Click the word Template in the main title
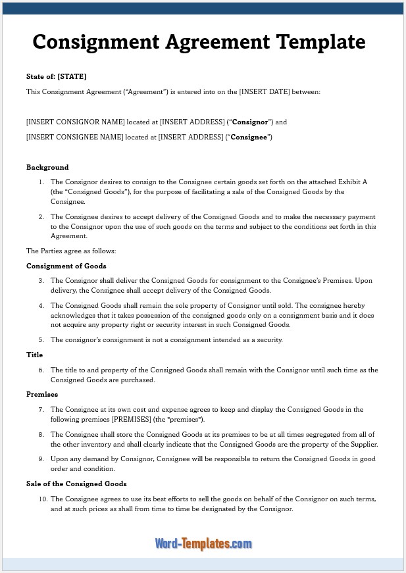click(x=321, y=42)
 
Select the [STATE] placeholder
click(x=72, y=76)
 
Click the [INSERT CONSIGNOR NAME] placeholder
click(x=75, y=122)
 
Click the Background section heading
click(x=47, y=167)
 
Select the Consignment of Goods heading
click(x=66, y=266)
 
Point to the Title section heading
click(x=34, y=355)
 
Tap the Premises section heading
click(x=42, y=394)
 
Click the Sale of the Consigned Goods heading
click(x=76, y=484)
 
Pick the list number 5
click(x=41, y=339)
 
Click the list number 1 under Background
click(x=41, y=182)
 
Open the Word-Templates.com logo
click(x=203, y=543)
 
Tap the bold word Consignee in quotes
click(x=249, y=137)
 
